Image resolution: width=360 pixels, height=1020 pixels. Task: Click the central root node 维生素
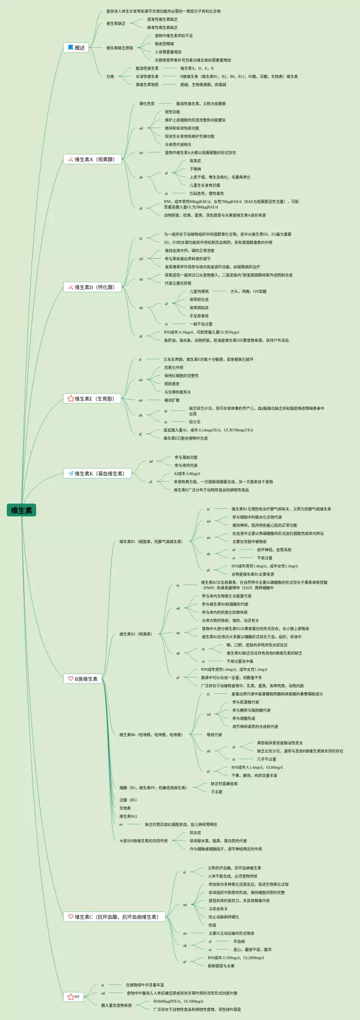click(x=21, y=511)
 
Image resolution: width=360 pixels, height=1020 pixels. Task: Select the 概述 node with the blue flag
click(x=76, y=48)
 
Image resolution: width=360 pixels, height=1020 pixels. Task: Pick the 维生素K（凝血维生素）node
click(x=96, y=473)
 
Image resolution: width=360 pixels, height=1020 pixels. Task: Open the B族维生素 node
click(x=82, y=679)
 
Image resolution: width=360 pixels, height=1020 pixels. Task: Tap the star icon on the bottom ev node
click(x=70, y=997)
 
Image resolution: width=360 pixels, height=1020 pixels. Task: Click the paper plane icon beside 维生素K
click(x=70, y=473)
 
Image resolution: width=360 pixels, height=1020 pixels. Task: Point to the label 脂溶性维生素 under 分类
click(x=147, y=68)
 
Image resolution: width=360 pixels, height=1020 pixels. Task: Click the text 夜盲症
click(x=195, y=161)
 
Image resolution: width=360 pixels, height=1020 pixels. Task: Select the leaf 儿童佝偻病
click(x=199, y=291)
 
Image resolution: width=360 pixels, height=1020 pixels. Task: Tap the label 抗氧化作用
click(x=174, y=368)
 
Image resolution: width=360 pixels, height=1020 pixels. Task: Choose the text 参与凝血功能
click(x=186, y=457)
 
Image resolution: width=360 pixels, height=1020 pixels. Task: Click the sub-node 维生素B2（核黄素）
click(x=136, y=634)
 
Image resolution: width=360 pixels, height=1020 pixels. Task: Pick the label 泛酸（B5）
click(x=128, y=800)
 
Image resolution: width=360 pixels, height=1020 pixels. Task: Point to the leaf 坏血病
click(x=239, y=941)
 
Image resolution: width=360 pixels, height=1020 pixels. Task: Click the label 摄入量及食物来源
click(x=116, y=1005)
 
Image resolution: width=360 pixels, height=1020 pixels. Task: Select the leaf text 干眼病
click(x=195, y=169)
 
